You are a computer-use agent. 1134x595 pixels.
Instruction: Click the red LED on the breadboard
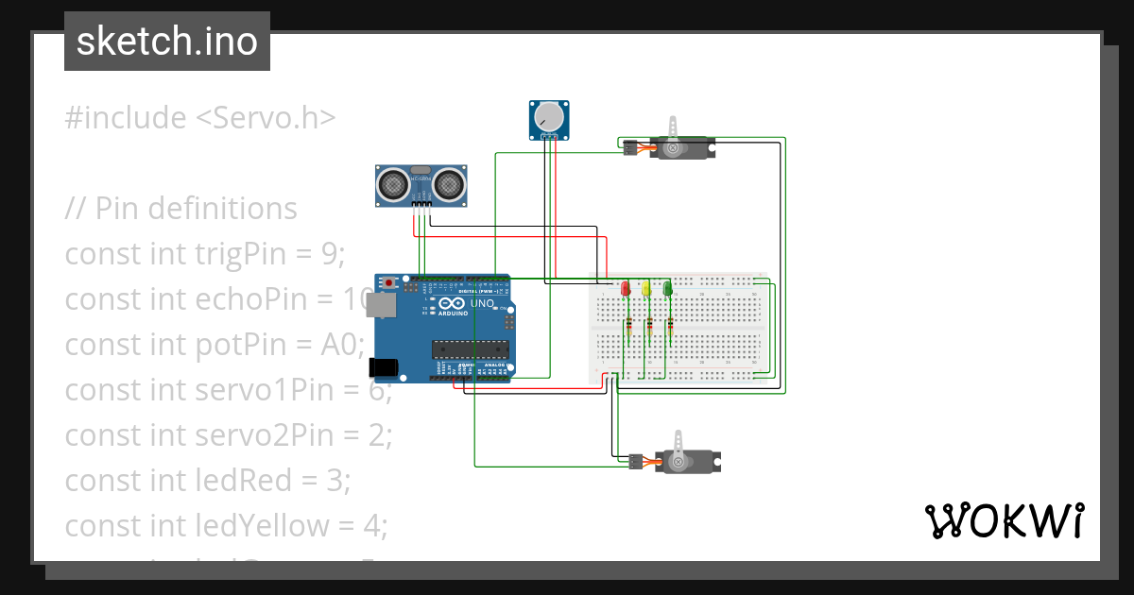click(625, 288)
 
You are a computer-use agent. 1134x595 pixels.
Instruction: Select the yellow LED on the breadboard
click(646, 288)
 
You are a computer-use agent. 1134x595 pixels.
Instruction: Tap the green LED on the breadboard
click(668, 288)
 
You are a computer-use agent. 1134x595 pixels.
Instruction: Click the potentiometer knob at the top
click(548, 117)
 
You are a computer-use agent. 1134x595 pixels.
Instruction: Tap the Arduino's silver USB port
click(383, 304)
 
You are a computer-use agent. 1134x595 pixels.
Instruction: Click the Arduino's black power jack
click(384, 367)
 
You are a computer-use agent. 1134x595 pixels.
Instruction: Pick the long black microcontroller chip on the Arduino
click(471, 349)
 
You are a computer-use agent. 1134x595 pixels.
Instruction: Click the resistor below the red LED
click(628, 328)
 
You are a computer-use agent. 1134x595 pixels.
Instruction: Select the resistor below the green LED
click(670, 328)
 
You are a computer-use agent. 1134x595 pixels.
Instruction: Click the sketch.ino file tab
click(167, 42)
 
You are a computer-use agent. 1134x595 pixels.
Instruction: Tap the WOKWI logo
click(1003, 520)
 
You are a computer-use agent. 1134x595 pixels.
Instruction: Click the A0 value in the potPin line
click(341, 345)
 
